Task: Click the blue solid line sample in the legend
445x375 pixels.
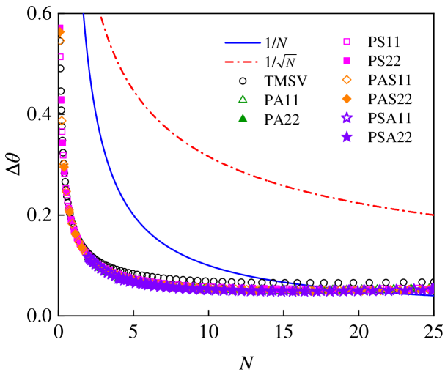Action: tap(243, 42)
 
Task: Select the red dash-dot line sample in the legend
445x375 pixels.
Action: tap(241, 62)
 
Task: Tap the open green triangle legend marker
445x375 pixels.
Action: tap(243, 99)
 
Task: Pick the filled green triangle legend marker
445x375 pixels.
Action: tap(243, 118)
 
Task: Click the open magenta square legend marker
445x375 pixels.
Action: tap(347, 42)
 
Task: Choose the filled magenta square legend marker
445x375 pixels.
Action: tap(347, 61)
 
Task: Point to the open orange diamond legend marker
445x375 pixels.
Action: tap(347, 80)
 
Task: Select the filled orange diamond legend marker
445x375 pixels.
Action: tap(347, 99)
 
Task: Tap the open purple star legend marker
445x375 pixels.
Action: tap(347, 117)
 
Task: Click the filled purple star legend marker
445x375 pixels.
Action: tap(347, 136)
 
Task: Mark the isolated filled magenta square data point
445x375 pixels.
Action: tap(62, 100)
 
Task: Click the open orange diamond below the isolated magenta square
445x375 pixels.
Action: tap(62, 120)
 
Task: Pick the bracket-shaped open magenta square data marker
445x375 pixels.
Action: tap(61, 56)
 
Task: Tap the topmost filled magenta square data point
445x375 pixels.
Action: tap(61, 28)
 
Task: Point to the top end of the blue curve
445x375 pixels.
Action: tap(83, 15)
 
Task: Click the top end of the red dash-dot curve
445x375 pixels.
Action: tap(101, 17)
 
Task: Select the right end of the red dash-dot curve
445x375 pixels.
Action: tap(433, 215)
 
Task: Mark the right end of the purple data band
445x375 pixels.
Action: tap(431, 289)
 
